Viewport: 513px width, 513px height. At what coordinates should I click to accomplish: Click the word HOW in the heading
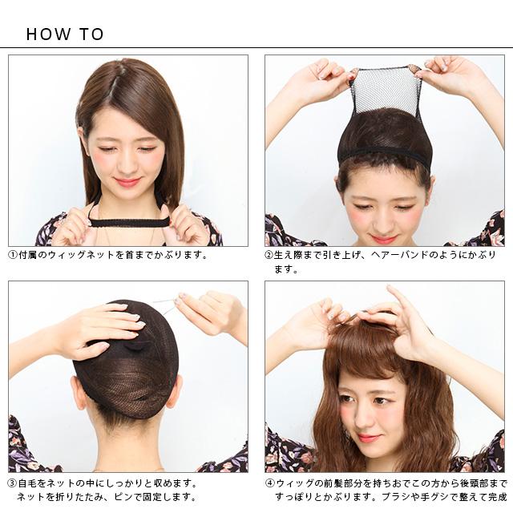tap(48, 34)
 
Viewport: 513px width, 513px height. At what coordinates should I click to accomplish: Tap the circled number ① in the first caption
tap(13, 255)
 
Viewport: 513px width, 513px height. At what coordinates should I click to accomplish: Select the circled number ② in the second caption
tap(269, 255)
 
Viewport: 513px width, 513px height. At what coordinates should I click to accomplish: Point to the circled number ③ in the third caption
tap(13, 483)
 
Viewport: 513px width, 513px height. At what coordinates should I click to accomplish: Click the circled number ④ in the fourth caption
tap(269, 483)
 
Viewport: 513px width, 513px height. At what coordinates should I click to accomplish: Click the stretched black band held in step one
tap(128, 223)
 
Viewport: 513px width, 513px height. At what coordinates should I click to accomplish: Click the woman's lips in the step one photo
tap(128, 182)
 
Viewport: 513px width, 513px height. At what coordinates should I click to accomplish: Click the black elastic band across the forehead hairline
tap(384, 155)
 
